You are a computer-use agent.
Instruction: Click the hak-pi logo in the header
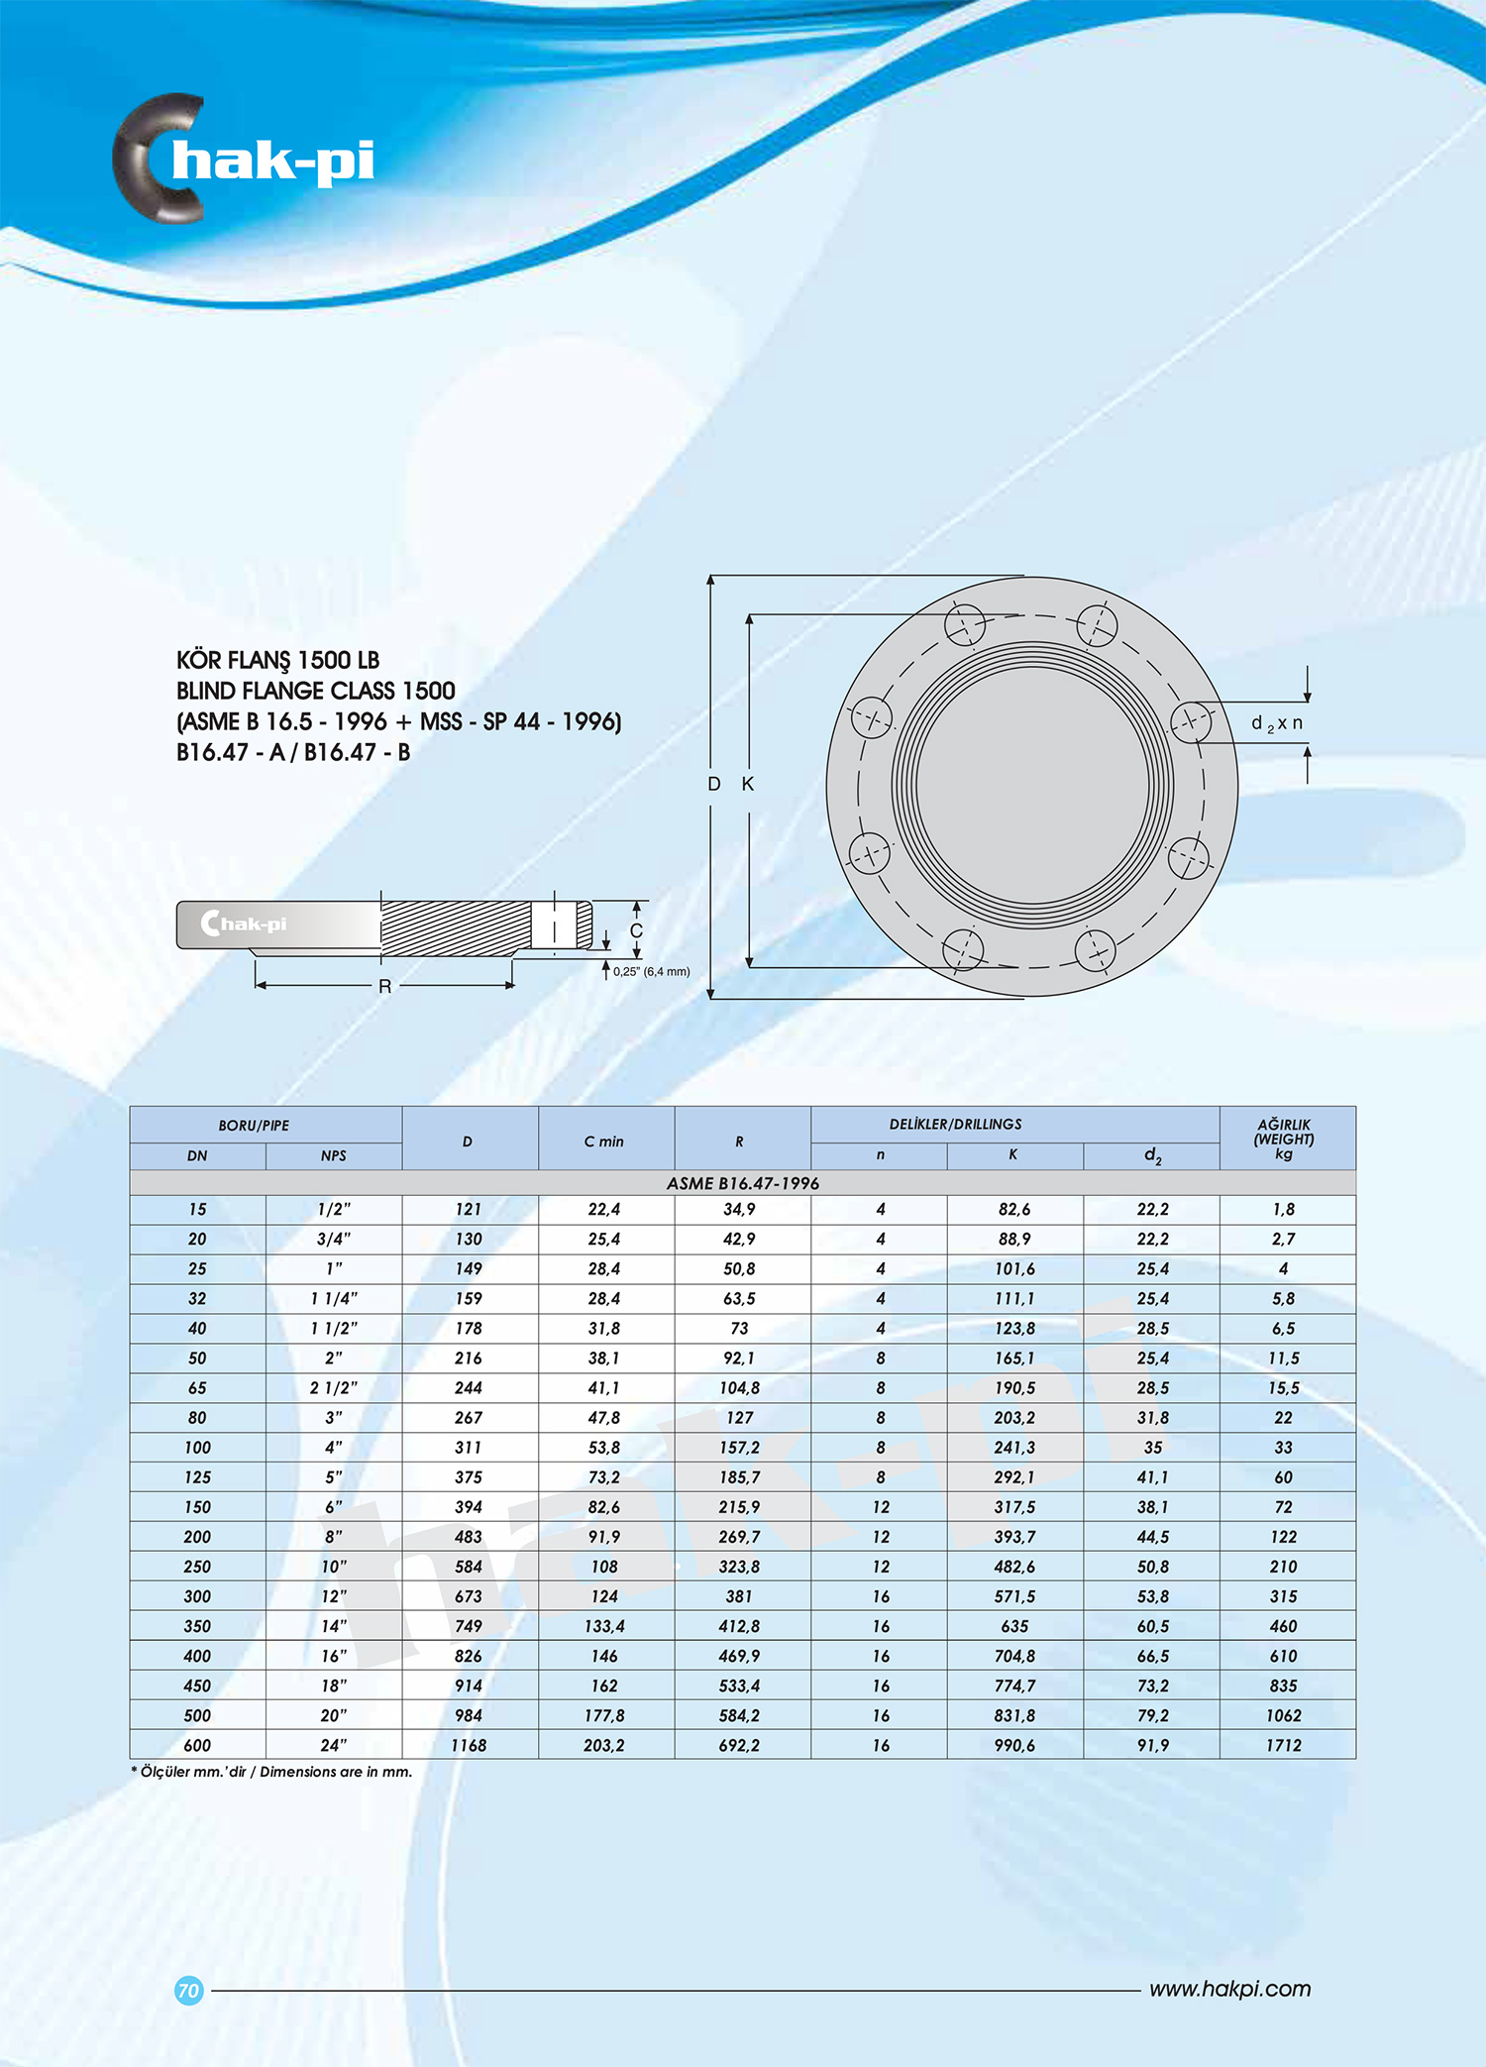[244, 159]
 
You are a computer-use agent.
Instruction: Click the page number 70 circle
[188, 1990]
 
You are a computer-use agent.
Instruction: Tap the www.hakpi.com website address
[1229, 1989]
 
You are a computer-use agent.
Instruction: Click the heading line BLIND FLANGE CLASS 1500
[315, 691]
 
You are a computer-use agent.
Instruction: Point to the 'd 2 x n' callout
[1277, 723]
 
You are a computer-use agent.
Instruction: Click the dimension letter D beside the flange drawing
[713, 784]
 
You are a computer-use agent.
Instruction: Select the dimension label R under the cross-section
[385, 986]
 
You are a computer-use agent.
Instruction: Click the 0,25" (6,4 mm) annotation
[651, 971]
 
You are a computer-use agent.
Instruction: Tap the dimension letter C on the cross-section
[636, 930]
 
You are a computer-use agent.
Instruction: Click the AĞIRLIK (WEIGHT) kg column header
[1284, 1139]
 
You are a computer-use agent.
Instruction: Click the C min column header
[604, 1142]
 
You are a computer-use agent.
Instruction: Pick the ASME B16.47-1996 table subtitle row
[742, 1183]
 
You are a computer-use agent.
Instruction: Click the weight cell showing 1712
[1284, 1745]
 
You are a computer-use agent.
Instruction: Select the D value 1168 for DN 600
[469, 1745]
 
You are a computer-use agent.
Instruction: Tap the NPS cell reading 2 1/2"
[334, 1388]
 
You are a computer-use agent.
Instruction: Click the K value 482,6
[1014, 1567]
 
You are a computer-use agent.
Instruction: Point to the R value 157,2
[739, 1448]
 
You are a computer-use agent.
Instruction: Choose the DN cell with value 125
[197, 1477]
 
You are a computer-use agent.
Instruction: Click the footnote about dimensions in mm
[271, 1772]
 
